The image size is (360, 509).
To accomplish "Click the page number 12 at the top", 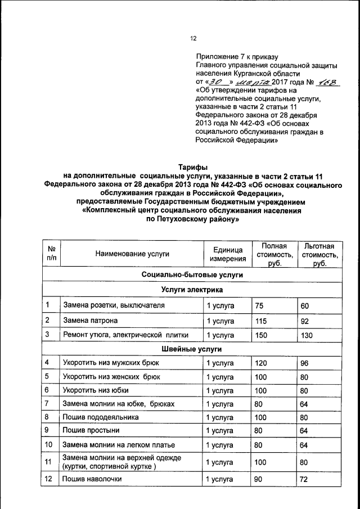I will tap(193, 39).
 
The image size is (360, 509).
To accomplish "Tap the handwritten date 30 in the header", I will tap(215, 82).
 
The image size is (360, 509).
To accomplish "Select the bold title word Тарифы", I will tap(193, 168).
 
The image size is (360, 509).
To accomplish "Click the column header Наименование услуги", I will tap(132, 254).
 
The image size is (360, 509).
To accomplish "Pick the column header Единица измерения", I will tap(228, 254).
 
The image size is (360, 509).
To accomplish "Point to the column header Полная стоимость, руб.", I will tap(274, 254).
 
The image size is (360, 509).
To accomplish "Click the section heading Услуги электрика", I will tap(192, 290).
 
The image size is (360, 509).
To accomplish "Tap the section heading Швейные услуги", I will tap(192, 349).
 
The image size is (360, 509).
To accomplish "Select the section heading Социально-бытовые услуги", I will tap(192, 275).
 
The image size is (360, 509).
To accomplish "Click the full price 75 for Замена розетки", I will tap(259, 305).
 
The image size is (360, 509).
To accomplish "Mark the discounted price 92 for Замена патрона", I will tap(305, 321).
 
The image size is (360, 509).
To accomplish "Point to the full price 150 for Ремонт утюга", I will tap(262, 335).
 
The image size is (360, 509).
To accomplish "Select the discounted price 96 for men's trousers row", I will tap(305, 363).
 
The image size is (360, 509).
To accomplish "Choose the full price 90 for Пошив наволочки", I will tap(259, 479).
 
